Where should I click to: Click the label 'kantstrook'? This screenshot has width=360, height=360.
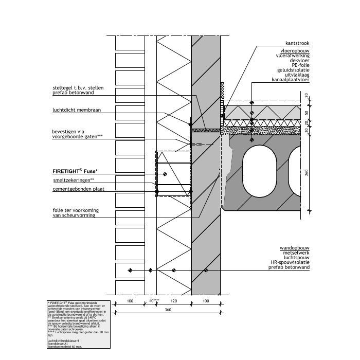pyautogui.click(x=298, y=44)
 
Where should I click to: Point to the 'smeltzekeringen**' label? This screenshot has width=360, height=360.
pyautogui.click(x=74, y=181)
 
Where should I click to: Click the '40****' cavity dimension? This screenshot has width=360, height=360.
pyautogui.click(x=154, y=300)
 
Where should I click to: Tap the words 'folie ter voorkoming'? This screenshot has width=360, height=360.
pyautogui.click(x=75, y=211)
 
